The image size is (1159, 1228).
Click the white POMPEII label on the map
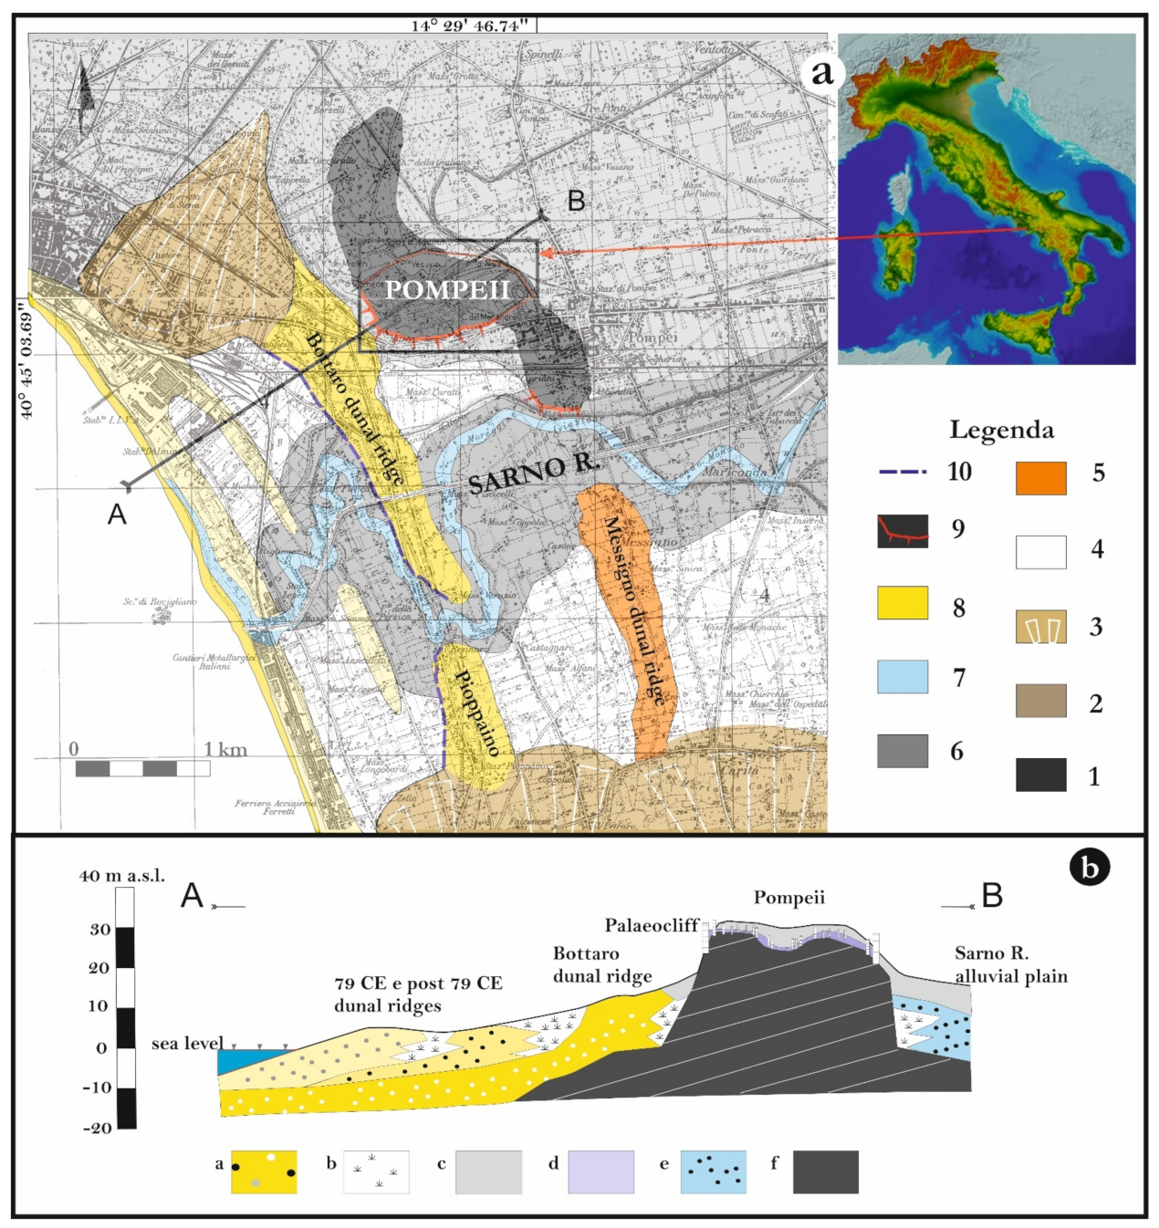tap(446, 290)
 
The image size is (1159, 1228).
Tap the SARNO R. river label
tap(534, 472)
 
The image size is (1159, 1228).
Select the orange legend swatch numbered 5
tap(1040, 478)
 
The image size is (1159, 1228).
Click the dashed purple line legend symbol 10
tap(903, 472)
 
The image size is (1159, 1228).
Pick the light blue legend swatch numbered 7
tap(902, 677)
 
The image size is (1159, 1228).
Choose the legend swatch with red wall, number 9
tap(903, 531)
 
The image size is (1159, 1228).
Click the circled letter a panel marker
tap(822, 71)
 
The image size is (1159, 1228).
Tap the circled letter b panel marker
tap(1089, 867)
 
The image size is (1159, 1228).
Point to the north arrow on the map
tap(83, 96)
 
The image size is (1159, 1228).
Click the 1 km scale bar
tap(142, 768)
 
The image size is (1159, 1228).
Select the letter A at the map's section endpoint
tap(117, 515)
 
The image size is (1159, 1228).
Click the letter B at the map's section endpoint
tap(576, 201)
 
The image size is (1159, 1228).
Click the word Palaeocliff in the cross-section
tap(651, 926)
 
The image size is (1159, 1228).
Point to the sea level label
tap(187, 1044)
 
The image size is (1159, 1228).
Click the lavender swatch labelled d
tap(600, 1171)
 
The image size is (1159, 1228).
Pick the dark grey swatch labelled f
tap(825, 1171)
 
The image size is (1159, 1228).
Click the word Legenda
tap(1001, 430)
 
